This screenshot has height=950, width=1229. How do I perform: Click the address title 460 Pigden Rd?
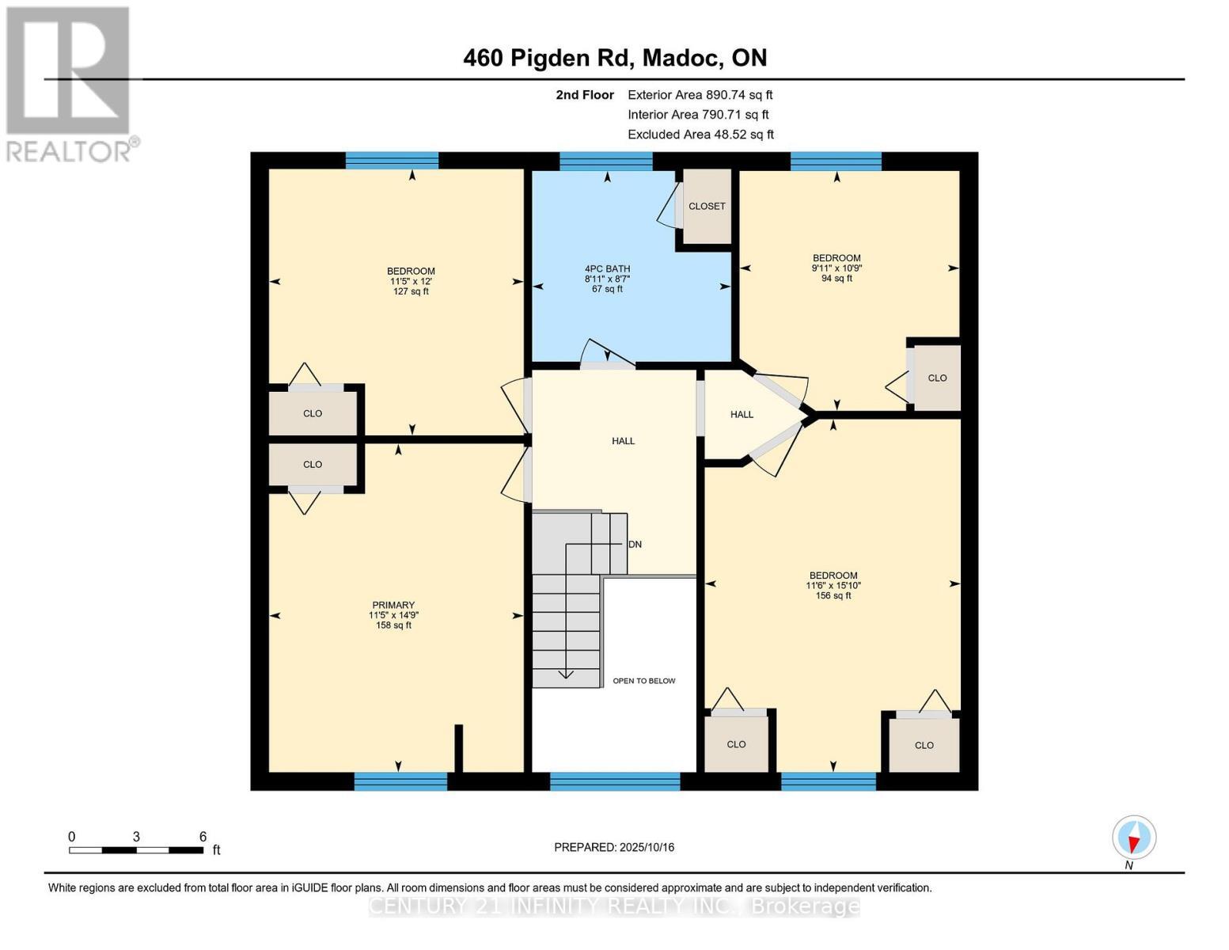coord(614,58)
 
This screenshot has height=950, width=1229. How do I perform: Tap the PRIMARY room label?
coord(393,605)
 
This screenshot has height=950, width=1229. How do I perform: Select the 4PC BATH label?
coord(607,268)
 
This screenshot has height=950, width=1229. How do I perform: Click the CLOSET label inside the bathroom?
coord(707,206)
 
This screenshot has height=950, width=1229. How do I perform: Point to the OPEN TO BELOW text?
coord(643,681)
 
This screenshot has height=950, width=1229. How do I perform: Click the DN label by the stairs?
coord(635,545)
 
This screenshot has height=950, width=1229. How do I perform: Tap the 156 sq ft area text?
coord(833,595)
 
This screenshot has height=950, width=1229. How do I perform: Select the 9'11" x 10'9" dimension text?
coord(836,268)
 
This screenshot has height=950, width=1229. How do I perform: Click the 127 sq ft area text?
coord(411,291)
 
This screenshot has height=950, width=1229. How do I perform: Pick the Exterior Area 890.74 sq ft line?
coord(700,95)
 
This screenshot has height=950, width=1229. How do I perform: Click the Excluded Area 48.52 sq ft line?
coord(700,135)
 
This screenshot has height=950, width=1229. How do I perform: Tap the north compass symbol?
coord(1134,838)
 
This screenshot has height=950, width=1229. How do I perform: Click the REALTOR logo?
coord(70,84)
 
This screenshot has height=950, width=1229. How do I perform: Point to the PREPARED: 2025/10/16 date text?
coord(614,847)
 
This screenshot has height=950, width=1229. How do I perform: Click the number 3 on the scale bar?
coord(136,837)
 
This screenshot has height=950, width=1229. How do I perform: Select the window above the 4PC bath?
coord(605,161)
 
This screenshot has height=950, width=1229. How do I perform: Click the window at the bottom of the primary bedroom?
coord(400,781)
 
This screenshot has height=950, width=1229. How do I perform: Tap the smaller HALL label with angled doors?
coord(742,414)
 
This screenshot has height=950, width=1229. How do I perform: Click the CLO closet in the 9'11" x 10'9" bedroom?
coord(937,378)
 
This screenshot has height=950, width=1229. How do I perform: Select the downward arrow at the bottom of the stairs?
coord(566,674)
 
